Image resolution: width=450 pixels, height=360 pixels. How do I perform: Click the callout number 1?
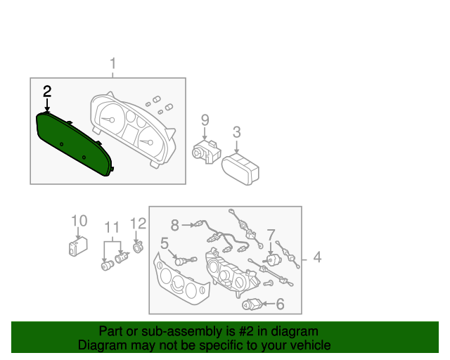[112, 65]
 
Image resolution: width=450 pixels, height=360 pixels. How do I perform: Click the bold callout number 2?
[47, 91]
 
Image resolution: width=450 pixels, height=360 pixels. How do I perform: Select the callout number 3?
[236, 132]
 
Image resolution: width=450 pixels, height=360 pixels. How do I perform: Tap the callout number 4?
[317, 258]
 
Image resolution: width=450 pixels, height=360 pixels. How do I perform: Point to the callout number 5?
[164, 243]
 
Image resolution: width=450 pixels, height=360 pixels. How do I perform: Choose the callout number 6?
[280, 304]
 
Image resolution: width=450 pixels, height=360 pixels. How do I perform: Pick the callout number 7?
[271, 234]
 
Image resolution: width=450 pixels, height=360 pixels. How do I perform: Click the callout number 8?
[175, 225]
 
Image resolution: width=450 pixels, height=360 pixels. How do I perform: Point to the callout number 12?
[138, 224]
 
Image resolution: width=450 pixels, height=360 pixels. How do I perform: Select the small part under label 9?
[205, 152]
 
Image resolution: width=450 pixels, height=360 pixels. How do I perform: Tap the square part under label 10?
[77, 247]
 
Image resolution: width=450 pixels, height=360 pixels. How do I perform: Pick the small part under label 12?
[138, 247]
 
